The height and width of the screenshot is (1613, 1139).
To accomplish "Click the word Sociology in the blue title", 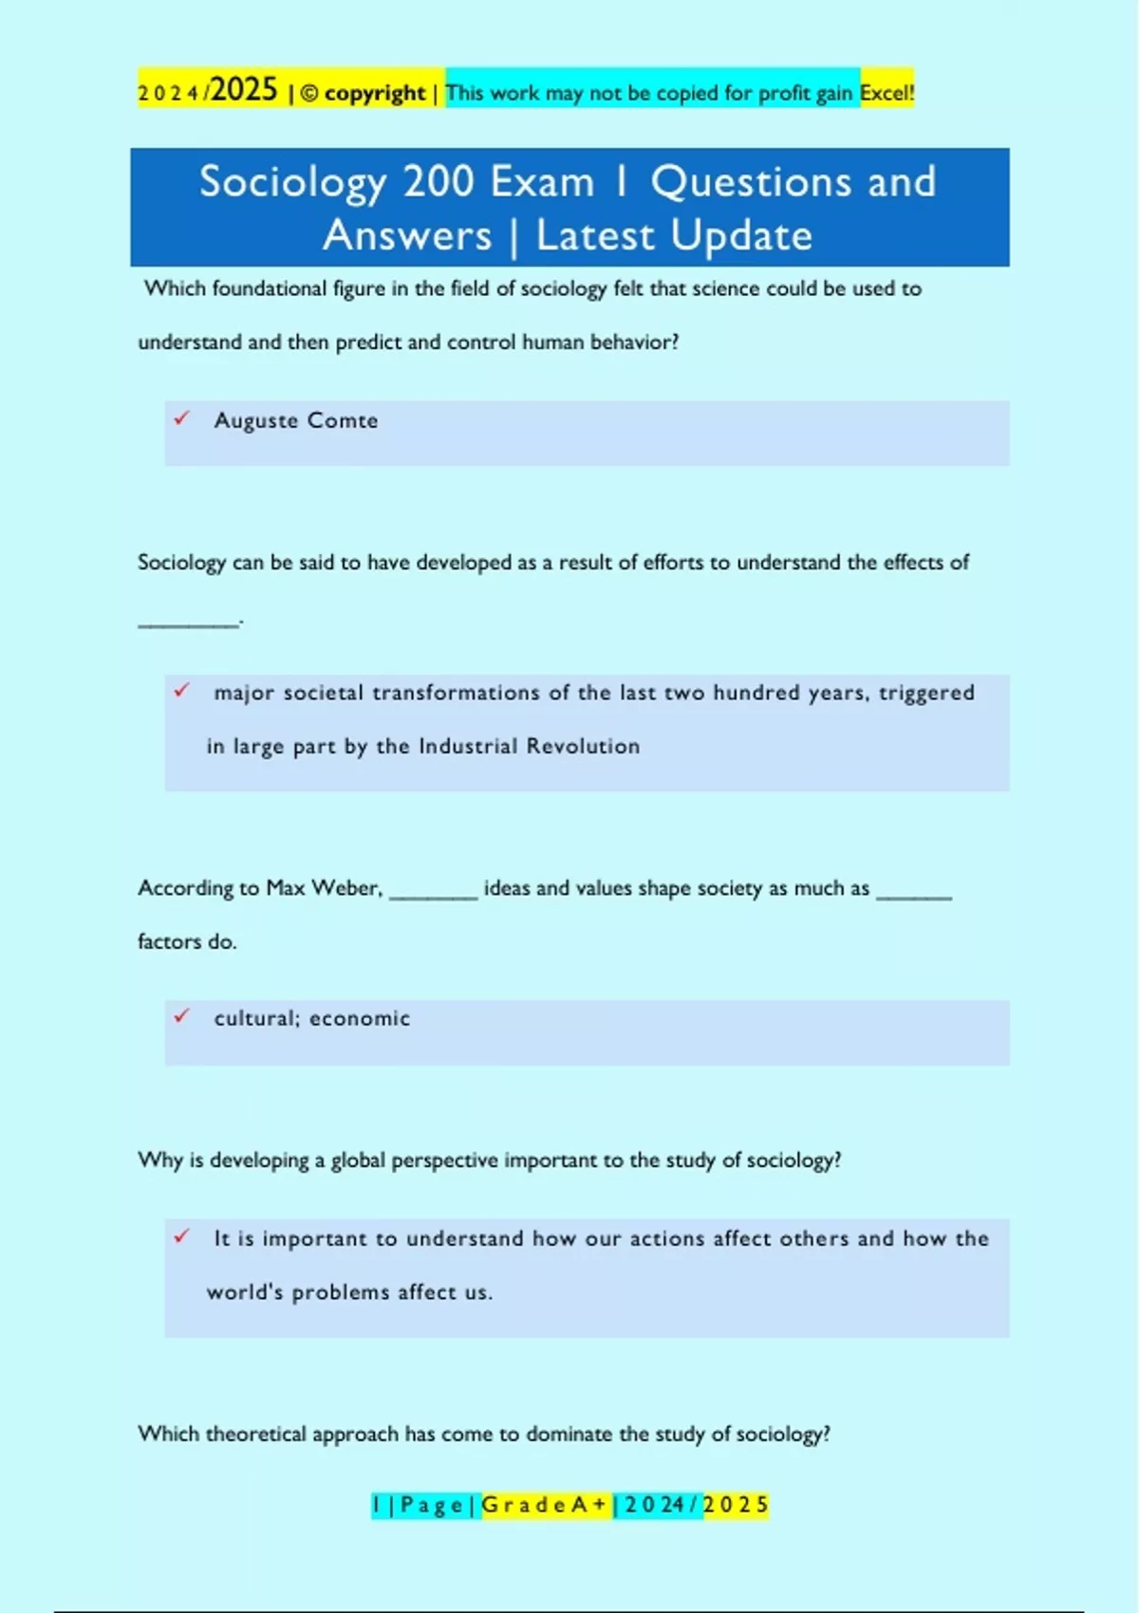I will coord(292,182).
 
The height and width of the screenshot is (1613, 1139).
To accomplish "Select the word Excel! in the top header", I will coord(887,93).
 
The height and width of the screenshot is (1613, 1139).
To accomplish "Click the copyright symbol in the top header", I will coord(309,94).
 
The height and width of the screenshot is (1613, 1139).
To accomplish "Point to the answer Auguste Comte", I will coord(296,420).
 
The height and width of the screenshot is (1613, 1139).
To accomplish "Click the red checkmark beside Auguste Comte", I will coord(181,417).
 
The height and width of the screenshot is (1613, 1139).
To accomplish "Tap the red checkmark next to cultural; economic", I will coord(181,1016).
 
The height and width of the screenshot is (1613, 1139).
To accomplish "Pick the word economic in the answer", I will coord(360,1019).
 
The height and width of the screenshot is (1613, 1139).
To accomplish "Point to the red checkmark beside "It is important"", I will coord(181,1236).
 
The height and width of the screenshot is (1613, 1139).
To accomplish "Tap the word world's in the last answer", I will coord(245,1292).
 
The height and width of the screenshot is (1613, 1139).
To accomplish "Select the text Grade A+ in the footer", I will coord(545,1505).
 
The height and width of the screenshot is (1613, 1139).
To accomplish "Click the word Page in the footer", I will coord(432,1505).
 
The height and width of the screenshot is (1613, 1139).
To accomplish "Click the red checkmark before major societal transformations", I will coord(181,691).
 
